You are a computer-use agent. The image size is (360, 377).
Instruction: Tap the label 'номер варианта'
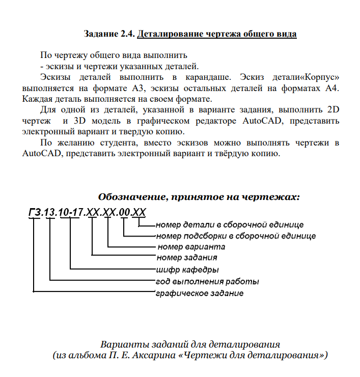coord(191,247)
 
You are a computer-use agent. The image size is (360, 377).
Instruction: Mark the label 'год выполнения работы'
coord(207,281)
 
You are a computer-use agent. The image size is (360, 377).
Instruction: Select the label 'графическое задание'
coord(199,293)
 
